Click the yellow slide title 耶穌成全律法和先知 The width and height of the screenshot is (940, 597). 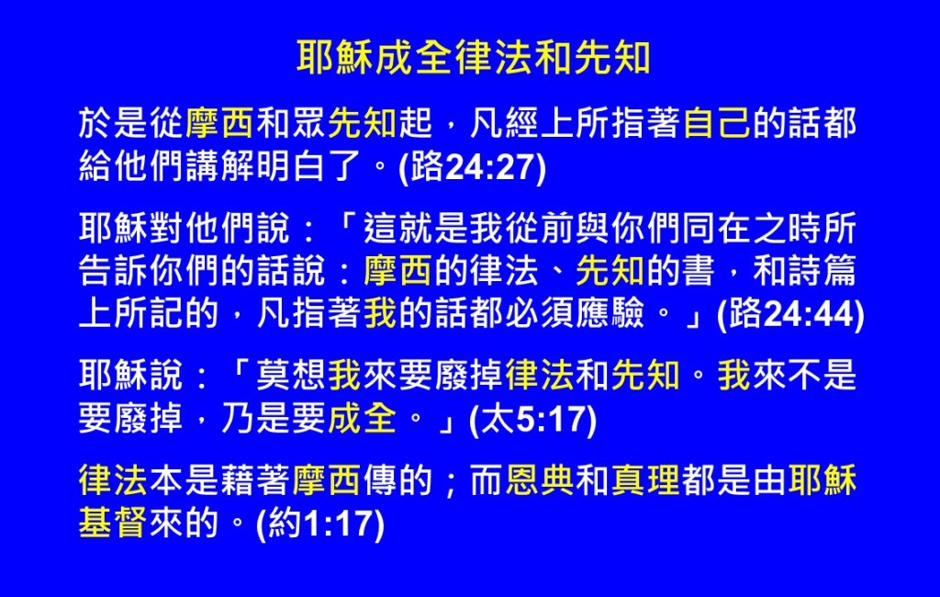474,58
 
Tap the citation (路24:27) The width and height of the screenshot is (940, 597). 473,166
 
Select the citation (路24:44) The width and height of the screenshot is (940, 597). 790,314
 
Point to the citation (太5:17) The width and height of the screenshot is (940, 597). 533,419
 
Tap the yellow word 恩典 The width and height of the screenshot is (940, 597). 540,480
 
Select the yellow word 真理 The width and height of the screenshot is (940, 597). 645,480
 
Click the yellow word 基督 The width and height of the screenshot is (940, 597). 113,524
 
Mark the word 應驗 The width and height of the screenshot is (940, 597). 610,313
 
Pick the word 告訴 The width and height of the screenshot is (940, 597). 113,271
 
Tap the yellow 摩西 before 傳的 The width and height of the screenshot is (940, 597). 326,480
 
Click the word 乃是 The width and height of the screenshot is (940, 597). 255,418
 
